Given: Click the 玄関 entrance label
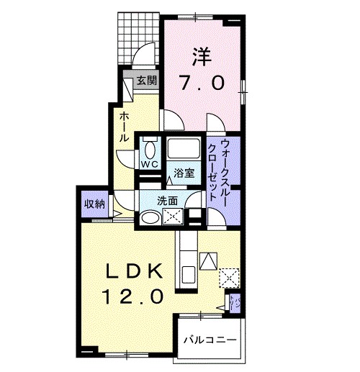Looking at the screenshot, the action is pos(147,81).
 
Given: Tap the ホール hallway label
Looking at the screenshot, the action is pos(124,127).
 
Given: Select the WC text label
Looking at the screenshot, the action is pos(150,164).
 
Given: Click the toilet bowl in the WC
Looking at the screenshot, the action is pos(150,150).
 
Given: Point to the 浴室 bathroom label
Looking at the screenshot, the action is pos(184,173).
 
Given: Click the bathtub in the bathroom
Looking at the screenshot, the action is pos(184,148).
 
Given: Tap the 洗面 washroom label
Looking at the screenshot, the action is pos(168,201).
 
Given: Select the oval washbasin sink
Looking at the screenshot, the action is pos(150,217).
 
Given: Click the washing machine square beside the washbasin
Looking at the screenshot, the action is pos(173,217).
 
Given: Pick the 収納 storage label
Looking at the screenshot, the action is pos(94,204).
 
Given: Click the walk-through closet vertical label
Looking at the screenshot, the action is pos(217,171).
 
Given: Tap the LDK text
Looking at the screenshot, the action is pos(134,271).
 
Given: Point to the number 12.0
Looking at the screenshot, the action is pos(132,296).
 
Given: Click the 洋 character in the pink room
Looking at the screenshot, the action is pos(202,57).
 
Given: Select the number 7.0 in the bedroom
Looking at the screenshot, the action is pos(202,83).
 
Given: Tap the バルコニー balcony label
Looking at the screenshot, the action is pos(210,340).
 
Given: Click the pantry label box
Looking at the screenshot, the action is pos(235,304).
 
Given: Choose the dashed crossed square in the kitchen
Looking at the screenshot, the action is pos(229,278).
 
